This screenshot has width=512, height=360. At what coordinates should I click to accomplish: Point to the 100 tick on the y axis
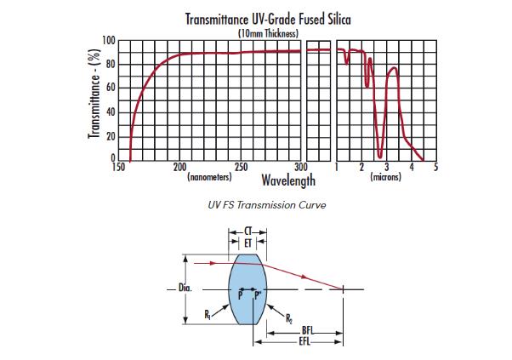point(109,40)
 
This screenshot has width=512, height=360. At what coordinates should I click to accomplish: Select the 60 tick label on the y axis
point(111,89)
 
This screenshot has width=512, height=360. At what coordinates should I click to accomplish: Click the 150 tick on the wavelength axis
point(118,168)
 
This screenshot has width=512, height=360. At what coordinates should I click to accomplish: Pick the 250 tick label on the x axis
point(241,168)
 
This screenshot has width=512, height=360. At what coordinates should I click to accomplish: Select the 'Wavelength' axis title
point(288,180)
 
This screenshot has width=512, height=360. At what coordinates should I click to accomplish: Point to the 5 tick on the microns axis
point(435,168)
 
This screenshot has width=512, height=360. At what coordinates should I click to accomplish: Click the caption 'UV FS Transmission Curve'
point(256,205)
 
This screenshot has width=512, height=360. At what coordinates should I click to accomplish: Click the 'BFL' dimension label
point(305,330)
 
